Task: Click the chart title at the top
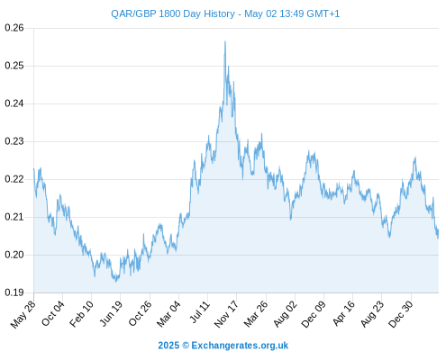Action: pos(225,13)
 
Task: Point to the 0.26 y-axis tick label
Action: pos(14,28)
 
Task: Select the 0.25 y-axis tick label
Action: pos(14,66)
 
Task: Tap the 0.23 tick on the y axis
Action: pos(14,141)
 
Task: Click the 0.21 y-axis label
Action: pos(14,217)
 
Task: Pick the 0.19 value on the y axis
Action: pos(14,292)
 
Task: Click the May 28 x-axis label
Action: pos(23,314)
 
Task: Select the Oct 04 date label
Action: pos(52,313)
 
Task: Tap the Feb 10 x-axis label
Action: pos(81,314)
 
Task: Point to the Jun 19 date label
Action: pos(111,313)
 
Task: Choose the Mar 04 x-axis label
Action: pos(168,314)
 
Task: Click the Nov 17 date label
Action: pos(226,314)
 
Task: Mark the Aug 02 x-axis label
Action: pos(285,314)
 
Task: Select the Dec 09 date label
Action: pos(314,314)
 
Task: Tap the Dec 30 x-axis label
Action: pos(401,314)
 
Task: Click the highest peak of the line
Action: pos(225,41)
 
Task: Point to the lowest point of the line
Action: pos(116,281)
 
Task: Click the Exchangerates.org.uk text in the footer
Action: pos(240,346)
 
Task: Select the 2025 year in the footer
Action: pos(168,346)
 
